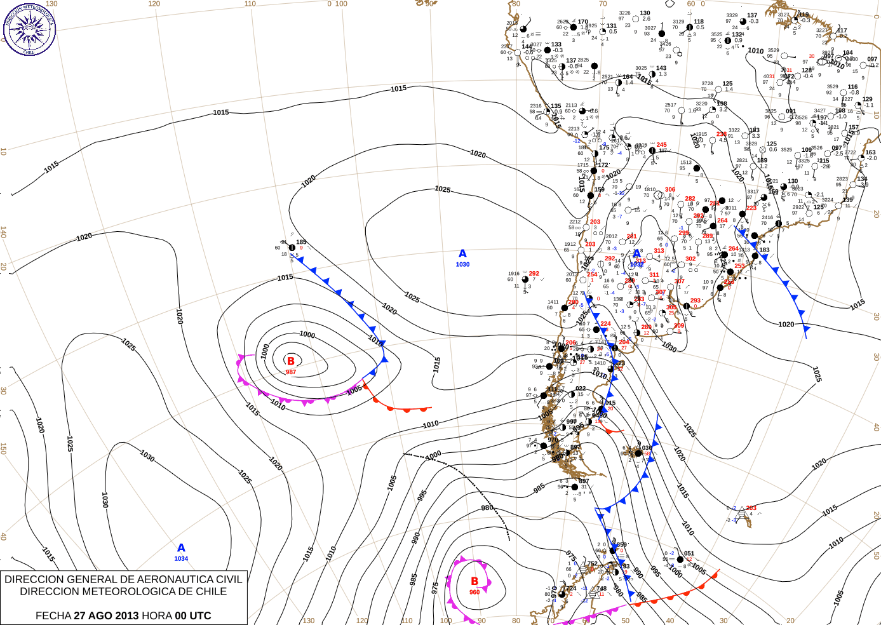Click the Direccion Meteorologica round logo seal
(x=29, y=29)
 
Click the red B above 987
(x=291, y=361)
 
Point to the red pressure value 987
(x=291, y=372)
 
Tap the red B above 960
(x=474, y=581)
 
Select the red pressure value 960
(x=474, y=592)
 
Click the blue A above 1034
(x=181, y=548)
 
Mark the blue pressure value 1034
(x=181, y=559)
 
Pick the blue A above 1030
(x=462, y=253)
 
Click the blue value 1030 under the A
(x=462, y=264)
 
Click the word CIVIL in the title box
(x=229, y=579)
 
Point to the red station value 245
(x=662, y=145)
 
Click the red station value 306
(x=670, y=190)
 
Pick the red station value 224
(x=606, y=323)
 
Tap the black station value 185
(x=301, y=242)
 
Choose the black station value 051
(x=689, y=554)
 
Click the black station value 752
(x=592, y=564)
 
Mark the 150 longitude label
(x=3, y=448)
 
